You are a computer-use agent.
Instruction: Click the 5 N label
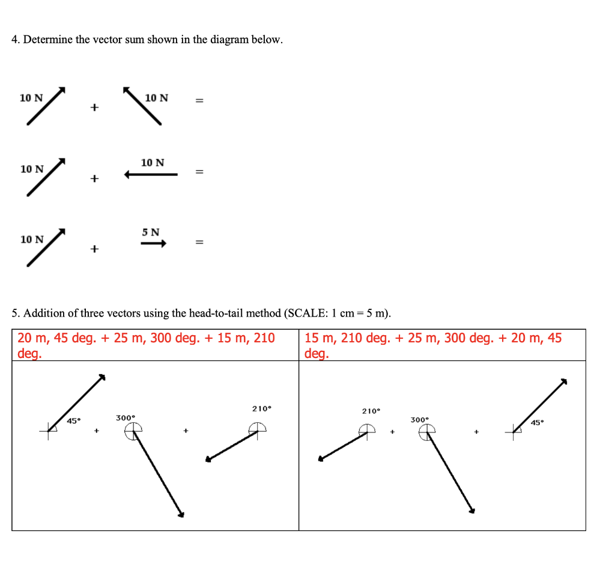click(x=151, y=232)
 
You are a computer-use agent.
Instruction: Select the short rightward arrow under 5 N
click(x=153, y=244)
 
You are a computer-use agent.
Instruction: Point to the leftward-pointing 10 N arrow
click(x=151, y=175)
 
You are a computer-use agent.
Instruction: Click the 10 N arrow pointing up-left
click(x=142, y=106)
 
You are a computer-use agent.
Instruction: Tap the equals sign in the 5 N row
click(x=199, y=243)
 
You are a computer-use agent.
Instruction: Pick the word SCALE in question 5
click(x=308, y=313)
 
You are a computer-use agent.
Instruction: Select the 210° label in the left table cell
click(x=261, y=409)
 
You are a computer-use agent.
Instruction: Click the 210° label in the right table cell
click(x=371, y=411)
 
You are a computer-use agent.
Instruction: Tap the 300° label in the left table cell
click(x=126, y=417)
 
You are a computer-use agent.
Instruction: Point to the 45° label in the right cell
click(x=538, y=423)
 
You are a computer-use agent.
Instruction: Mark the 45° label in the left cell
click(x=73, y=421)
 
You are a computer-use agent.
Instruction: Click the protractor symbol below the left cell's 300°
click(x=133, y=430)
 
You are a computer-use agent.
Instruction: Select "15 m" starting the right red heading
click(x=319, y=338)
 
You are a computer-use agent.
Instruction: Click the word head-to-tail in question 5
click(x=217, y=313)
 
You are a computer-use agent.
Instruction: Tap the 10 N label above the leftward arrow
click(x=153, y=163)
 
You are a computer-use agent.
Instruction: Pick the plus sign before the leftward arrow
click(x=94, y=179)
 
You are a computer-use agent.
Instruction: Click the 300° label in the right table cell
click(x=419, y=419)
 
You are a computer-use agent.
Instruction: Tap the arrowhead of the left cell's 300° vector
click(x=181, y=514)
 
